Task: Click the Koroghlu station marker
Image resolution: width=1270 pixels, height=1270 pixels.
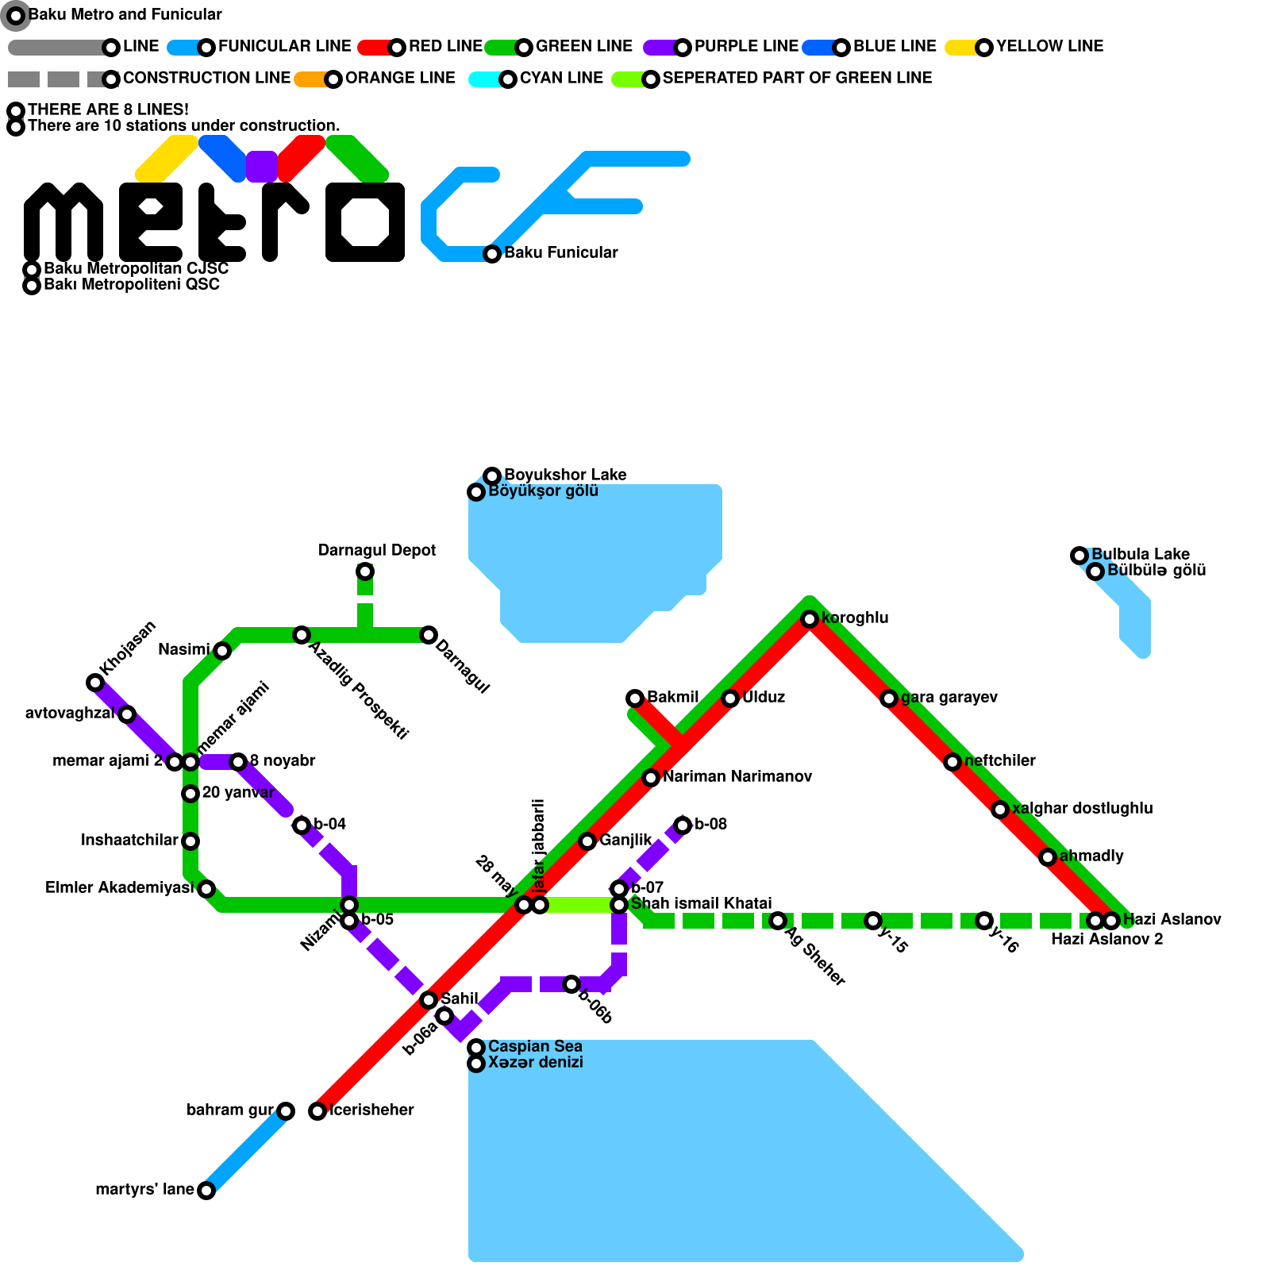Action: point(810,619)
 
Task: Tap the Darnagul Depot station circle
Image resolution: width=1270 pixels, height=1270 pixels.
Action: point(365,571)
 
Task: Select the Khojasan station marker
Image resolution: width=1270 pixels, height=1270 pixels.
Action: point(95,683)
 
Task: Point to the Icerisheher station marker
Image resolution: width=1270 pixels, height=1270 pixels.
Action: point(317,1111)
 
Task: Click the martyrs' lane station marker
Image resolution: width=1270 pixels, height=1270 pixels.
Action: point(206,1191)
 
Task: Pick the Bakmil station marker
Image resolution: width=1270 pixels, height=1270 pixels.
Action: point(635,698)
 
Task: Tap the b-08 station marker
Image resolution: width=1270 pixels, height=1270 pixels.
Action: point(683,825)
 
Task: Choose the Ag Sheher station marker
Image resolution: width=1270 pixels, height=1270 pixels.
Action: point(778,921)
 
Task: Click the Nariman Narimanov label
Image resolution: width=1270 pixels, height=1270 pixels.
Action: point(737,776)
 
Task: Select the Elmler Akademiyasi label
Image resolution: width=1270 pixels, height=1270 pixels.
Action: point(119,887)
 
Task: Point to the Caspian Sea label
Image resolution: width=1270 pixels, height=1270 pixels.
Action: point(535,1046)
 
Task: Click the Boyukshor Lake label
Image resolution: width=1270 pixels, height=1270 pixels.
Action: point(565,475)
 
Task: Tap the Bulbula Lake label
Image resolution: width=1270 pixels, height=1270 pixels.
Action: point(1140,554)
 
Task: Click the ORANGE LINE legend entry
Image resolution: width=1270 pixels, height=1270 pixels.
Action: point(400,78)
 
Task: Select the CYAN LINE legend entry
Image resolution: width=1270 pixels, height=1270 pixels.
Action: point(561,78)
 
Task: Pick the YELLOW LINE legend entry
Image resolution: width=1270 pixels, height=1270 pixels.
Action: point(1049,46)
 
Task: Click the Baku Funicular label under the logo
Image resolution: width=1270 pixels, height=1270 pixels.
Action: point(560,252)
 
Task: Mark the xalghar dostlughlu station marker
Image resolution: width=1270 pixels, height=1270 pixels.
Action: point(1000,810)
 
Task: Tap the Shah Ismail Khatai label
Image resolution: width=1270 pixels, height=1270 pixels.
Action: point(701,903)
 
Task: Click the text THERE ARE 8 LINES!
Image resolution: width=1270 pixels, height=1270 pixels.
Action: point(108,110)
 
